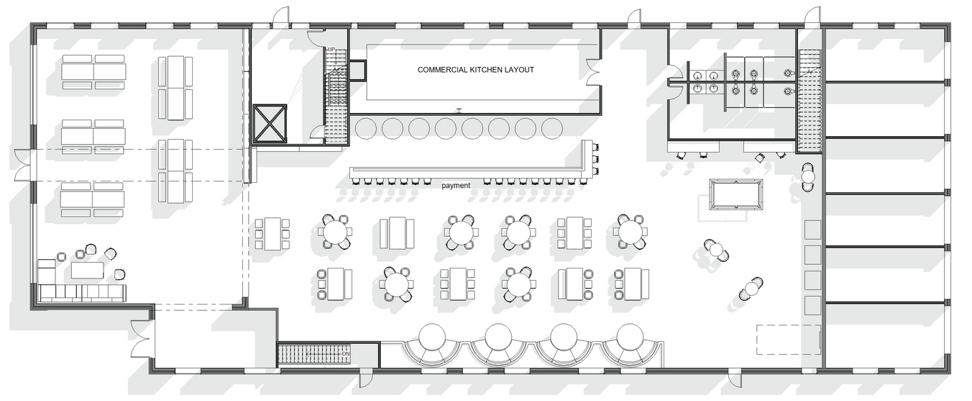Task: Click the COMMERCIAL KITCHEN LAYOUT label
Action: coord(476,70)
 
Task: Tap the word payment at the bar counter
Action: coord(456,186)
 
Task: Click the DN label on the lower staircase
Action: coord(346,353)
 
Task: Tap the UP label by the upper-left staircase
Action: coord(331,49)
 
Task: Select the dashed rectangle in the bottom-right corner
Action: coord(788,340)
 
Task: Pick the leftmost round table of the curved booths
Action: coord(433,336)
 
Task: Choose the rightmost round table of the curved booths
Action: coord(630,336)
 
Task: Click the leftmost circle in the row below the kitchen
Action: coord(365,129)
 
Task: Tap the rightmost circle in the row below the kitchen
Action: coord(551,129)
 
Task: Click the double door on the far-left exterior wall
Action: coord(24,165)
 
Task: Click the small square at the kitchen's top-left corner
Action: coord(357,70)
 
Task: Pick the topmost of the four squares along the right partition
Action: coord(812,230)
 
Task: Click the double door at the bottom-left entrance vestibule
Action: coord(140,339)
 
